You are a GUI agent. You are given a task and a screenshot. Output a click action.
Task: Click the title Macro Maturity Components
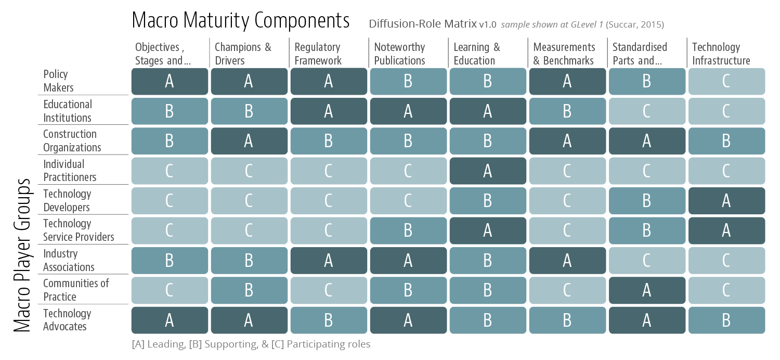240,21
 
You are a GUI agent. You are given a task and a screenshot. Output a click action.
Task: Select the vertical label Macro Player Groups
22,255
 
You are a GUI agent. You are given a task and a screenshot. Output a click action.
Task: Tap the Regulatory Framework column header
318,54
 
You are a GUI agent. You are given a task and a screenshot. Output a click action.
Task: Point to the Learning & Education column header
476,54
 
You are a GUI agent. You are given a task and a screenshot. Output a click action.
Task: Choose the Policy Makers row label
58,81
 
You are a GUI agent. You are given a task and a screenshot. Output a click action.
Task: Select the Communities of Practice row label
76,290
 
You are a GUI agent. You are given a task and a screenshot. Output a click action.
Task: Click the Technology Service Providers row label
79,230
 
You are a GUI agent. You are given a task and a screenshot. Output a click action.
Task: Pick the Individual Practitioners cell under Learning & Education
487,171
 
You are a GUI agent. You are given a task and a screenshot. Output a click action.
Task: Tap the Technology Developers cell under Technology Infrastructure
726,201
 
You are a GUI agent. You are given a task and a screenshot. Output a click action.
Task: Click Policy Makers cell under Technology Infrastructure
726,81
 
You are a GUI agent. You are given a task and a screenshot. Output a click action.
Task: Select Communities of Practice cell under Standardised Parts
646,290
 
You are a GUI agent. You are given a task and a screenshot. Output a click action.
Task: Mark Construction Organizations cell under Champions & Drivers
249,141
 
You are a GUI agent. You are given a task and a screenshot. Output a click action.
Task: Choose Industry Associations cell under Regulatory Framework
328,260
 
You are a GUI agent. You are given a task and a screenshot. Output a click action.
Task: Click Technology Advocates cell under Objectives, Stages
169,320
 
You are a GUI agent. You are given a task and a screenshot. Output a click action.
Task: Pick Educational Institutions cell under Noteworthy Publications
408,111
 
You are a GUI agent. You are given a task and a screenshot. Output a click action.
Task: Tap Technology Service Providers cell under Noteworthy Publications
408,230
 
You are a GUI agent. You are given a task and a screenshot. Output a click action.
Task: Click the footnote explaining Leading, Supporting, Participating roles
251,344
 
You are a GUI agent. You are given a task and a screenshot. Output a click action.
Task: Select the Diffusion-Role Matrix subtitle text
422,24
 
